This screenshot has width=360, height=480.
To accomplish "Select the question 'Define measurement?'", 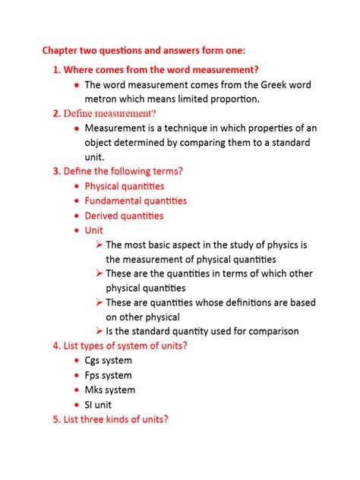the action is (109, 114).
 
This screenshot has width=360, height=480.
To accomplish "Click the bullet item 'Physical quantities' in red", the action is (124, 185).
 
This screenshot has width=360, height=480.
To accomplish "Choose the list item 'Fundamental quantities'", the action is (135, 201).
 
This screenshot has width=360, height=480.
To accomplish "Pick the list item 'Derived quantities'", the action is (124, 216).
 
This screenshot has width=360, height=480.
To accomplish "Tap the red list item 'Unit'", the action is (93, 230).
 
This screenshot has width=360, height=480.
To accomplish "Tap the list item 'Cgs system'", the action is (108, 360).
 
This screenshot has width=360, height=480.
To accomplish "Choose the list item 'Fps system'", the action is (108, 375).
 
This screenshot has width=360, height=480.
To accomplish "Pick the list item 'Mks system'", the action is (109, 390).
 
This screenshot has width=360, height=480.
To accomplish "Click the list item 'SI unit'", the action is (100, 405).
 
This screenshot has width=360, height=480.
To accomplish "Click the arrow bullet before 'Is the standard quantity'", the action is (99, 331).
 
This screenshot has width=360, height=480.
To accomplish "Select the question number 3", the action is (56, 171).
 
